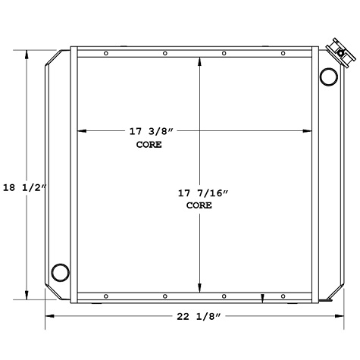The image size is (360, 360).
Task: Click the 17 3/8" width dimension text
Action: [151, 131]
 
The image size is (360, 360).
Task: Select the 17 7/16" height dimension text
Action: [199, 193]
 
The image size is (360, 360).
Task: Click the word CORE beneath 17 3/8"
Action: [149, 144]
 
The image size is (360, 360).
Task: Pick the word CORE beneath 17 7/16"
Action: [199, 206]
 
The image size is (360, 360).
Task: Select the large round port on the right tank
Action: [329, 76]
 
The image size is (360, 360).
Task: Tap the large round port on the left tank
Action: [58, 271]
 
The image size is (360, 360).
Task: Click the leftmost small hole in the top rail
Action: [105, 53]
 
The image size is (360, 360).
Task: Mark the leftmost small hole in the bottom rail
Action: [105, 296]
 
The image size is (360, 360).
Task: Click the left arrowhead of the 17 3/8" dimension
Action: [81, 131]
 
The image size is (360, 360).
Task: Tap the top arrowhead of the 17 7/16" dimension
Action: [199, 61]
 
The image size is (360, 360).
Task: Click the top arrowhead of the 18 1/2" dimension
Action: [29, 54]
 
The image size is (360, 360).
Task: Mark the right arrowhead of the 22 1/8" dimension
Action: [333, 317]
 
